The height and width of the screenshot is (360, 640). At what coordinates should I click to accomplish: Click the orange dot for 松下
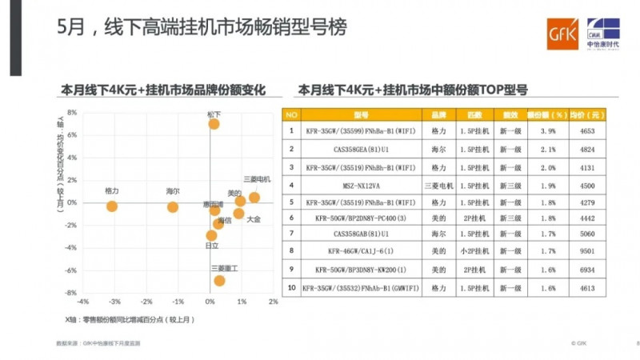click(x=214, y=124)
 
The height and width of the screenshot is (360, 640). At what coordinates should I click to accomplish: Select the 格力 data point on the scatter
click(x=112, y=206)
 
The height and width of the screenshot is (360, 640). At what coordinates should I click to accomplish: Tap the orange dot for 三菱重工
click(x=219, y=281)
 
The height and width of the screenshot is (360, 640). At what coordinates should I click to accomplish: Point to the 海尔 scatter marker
click(x=173, y=207)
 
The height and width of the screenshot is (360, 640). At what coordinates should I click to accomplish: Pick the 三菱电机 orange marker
click(x=254, y=198)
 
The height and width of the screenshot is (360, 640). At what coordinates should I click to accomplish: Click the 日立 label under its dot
click(x=212, y=246)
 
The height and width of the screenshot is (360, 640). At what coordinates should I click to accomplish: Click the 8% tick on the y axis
click(x=71, y=113)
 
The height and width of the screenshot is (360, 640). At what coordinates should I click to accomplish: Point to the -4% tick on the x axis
click(x=82, y=302)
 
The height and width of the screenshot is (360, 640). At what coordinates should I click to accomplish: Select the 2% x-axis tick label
click(x=273, y=302)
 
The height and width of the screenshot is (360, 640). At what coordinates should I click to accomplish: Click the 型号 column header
click(x=360, y=114)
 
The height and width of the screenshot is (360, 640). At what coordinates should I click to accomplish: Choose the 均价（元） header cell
click(x=581, y=114)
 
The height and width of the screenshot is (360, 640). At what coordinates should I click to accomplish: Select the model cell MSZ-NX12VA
click(x=359, y=186)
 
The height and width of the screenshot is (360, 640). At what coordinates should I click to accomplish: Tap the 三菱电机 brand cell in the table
click(x=438, y=186)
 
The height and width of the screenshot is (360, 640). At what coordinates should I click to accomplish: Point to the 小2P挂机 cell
click(x=474, y=250)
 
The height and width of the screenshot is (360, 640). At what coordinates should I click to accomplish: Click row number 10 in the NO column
click(x=291, y=287)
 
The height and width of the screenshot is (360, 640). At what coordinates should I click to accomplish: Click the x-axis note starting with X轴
click(x=130, y=319)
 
